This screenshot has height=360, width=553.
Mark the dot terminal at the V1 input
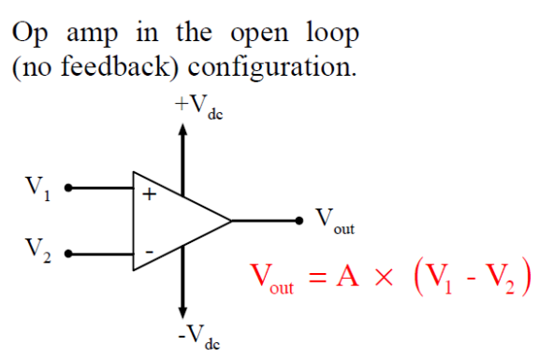66,188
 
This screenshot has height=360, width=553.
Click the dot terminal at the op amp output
299,221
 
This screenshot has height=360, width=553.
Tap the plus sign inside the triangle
148,195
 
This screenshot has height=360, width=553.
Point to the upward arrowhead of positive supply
183,131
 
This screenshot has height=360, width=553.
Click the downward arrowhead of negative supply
183,311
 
